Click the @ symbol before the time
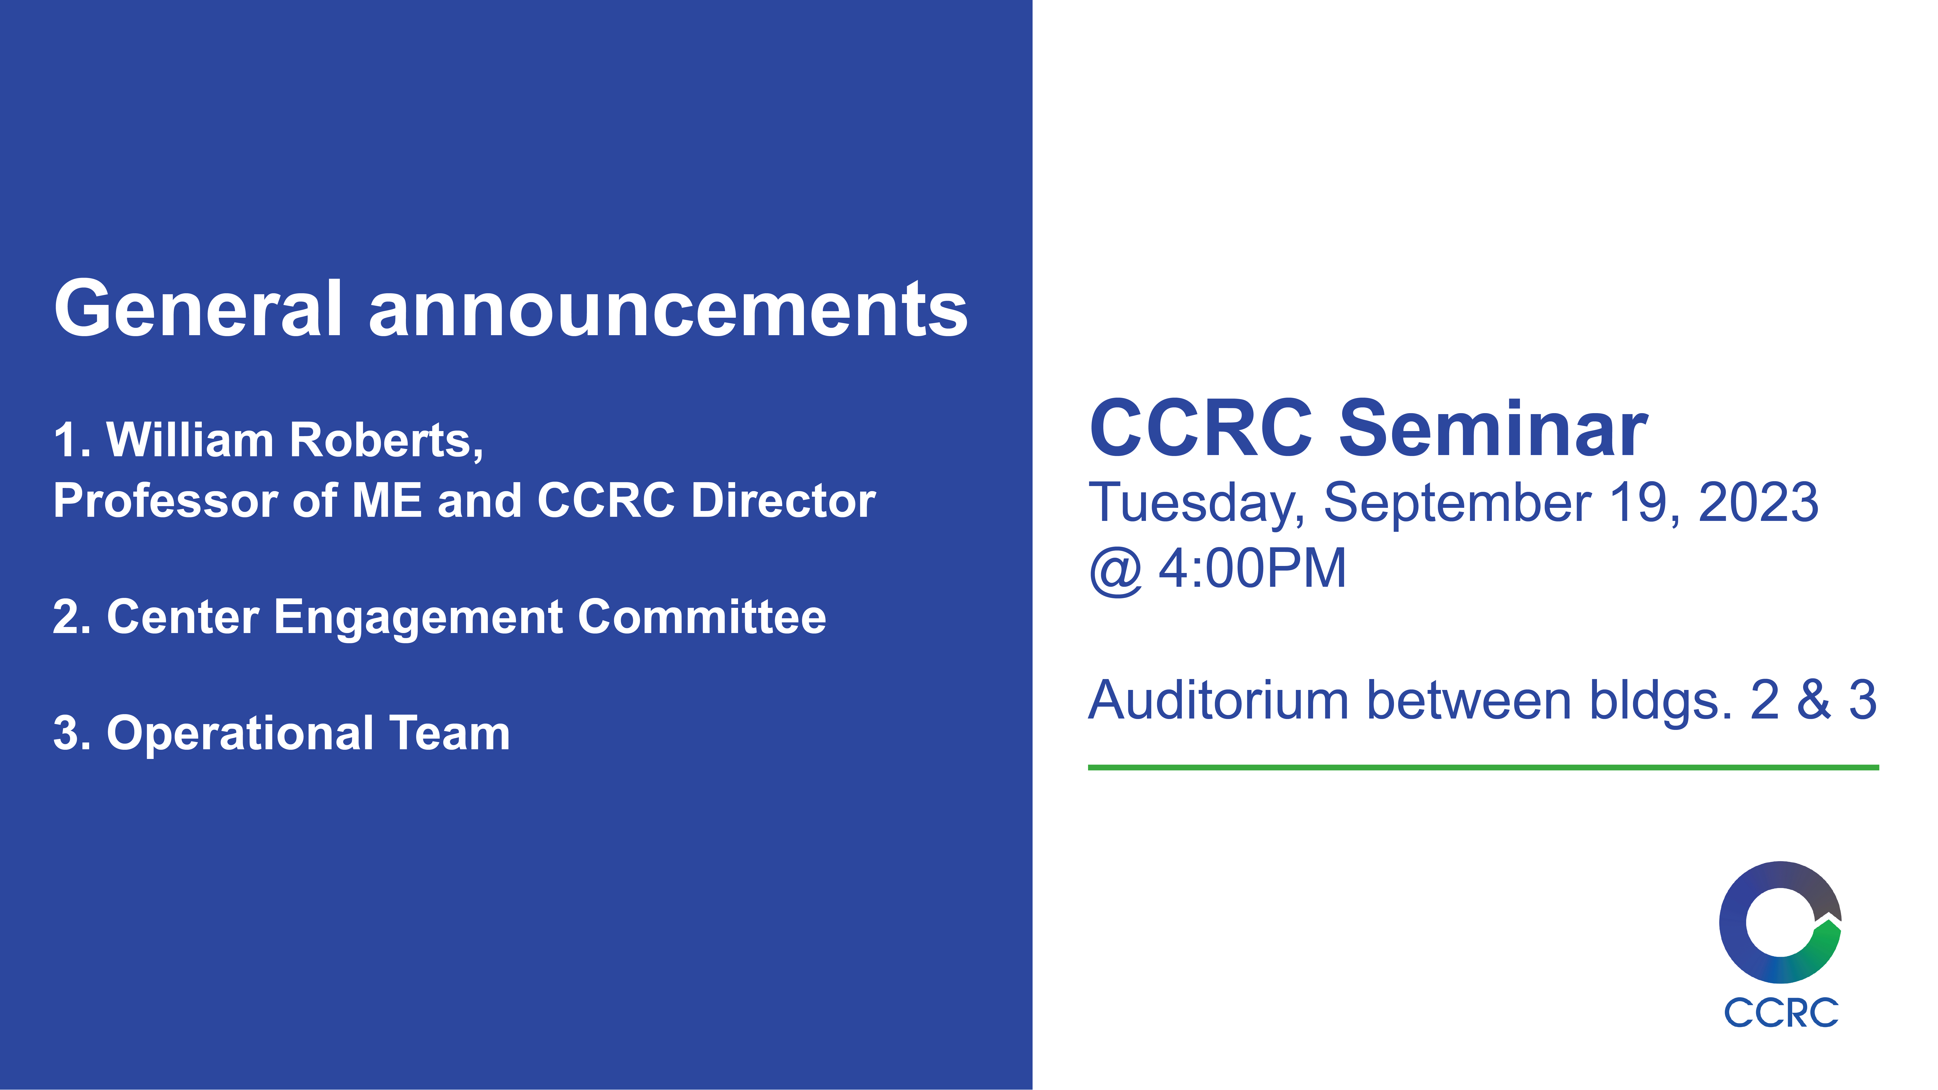tap(1116, 569)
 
